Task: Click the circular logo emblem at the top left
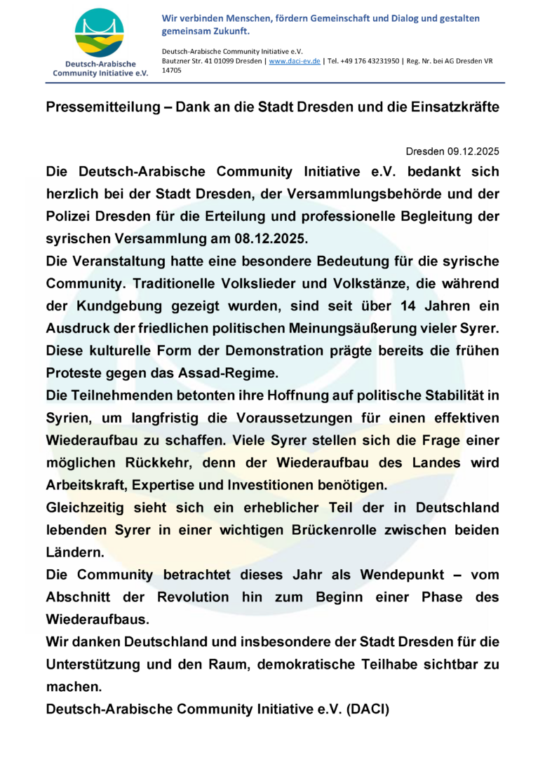pos(100,33)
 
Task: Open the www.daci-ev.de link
pos(295,61)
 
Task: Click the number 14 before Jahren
pos(413,306)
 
